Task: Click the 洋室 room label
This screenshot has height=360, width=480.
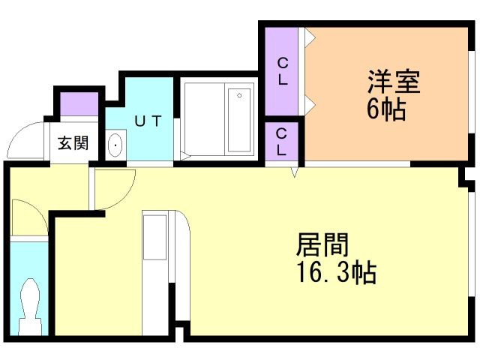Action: (393, 81)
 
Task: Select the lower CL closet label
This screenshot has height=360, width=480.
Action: (282, 141)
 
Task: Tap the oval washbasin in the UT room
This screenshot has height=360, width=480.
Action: (115, 145)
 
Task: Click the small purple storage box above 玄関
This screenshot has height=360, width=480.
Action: (78, 103)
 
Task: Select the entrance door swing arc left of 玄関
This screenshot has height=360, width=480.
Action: (28, 139)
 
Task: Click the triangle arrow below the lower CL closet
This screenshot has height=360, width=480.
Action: (295, 172)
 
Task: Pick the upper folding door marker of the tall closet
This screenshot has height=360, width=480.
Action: (308, 36)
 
